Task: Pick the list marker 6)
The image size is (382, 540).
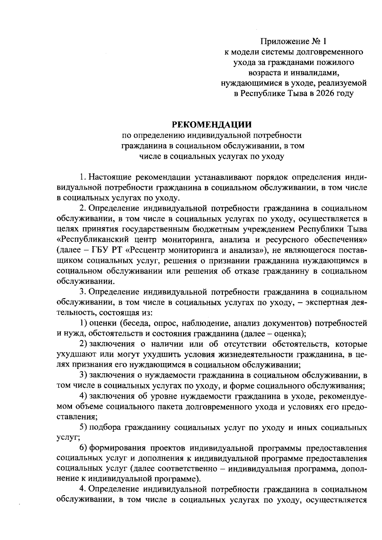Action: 83,448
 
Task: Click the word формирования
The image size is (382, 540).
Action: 115,448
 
